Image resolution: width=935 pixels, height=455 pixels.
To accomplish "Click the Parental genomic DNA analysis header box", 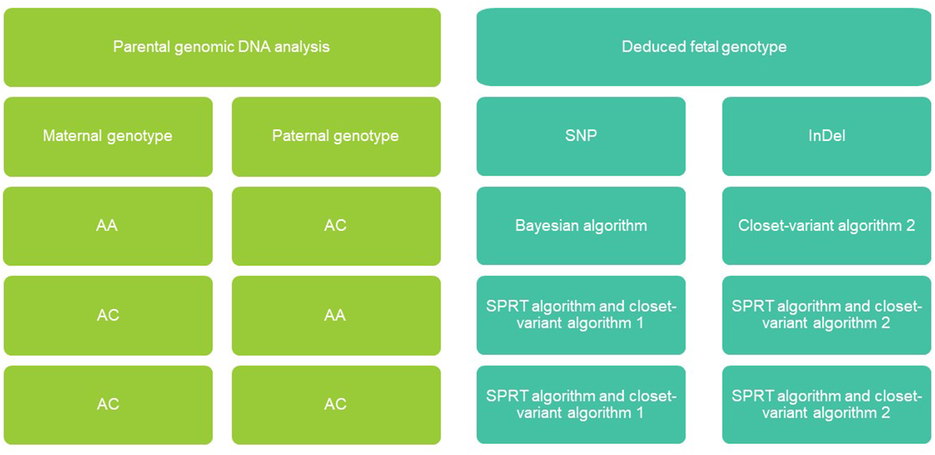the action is [222, 47].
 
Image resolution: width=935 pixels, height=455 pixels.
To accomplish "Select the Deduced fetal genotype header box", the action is [704, 47].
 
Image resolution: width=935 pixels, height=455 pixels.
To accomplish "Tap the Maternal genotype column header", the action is [108, 137].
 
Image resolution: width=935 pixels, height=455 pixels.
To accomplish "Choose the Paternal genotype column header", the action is [336, 137].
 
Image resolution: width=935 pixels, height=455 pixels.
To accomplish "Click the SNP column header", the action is [581, 136].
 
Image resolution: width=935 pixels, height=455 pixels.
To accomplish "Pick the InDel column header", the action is [827, 136].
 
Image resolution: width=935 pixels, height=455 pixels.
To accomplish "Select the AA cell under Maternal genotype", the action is [108, 226].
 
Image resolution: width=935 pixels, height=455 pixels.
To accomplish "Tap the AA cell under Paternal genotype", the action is [336, 315].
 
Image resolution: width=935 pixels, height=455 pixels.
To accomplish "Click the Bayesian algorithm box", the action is [581, 226].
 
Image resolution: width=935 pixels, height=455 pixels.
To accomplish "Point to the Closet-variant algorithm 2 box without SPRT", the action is [827, 226].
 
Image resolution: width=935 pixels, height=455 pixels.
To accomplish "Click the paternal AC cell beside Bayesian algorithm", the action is [336, 226].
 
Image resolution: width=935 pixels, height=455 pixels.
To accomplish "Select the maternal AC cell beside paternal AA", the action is [108, 315].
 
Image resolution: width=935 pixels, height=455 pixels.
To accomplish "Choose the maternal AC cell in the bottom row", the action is [108, 405].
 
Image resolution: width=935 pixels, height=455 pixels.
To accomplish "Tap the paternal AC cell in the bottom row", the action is [336, 405].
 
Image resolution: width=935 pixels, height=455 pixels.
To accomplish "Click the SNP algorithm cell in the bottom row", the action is [581, 404].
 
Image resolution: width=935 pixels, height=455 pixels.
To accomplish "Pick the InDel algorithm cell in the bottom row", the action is [827, 404].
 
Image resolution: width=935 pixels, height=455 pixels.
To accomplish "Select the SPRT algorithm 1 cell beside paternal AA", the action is [581, 315].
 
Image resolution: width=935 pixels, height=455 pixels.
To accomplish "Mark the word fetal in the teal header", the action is [704, 46].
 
